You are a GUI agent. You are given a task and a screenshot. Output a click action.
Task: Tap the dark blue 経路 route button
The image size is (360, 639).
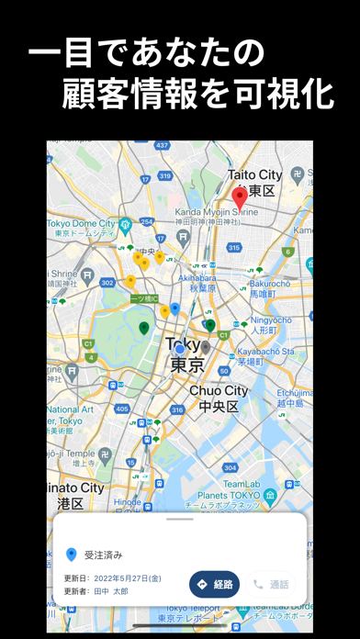(214, 584)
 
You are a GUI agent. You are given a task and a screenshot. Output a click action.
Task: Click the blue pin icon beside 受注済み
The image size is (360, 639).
(71, 555)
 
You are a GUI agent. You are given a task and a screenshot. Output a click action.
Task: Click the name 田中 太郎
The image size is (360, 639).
(114, 592)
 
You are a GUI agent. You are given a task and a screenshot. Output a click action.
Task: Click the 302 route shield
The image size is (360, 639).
(107, 283)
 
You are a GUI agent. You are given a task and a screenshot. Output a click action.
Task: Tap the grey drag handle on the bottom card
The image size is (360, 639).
(180, 520)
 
